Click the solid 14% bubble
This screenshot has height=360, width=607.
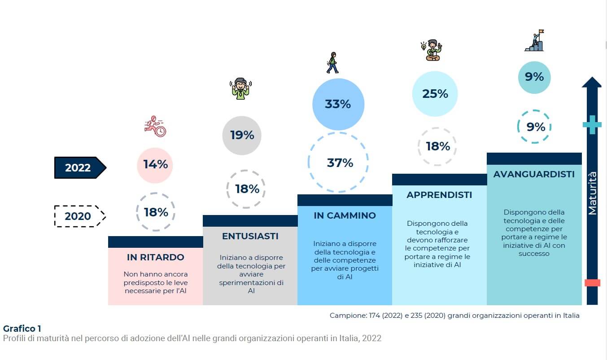(x=155, y=165)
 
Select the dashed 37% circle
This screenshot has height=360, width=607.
(x=338, y=162)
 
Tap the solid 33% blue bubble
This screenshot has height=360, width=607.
(x=338, y=104)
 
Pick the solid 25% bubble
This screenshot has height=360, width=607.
(x=435, y=94)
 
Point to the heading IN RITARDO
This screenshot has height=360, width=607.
(x=155, y=257)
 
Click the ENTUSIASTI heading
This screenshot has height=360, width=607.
(x=250, y=236)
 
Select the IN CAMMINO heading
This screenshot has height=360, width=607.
(x=345, y=215)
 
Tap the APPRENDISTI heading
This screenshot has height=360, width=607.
(x=439, y=195)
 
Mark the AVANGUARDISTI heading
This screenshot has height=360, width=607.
(x=534, y=174)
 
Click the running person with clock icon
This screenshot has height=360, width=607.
(x=155, y=126)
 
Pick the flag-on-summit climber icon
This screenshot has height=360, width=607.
(x=534, y=41)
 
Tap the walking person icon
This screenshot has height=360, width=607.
(x=332, y=62)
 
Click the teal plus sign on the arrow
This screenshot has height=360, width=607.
(x=592, y=125)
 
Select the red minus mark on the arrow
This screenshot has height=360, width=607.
(x=592, y=282)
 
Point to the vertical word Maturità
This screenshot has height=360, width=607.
(x=592, y=193)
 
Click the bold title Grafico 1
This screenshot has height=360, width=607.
(x=22, y=329)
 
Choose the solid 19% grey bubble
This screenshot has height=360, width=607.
(x=242, y=135)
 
